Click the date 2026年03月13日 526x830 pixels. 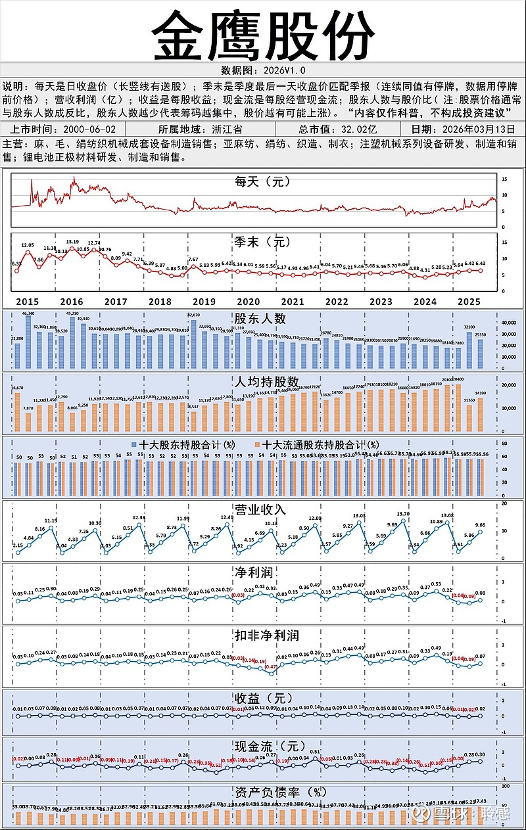click(472, 129)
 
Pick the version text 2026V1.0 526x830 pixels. click(283, 70)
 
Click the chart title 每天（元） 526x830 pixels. click(263, 181)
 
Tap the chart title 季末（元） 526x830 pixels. click(263, 242)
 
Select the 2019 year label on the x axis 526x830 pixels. click(204, 302)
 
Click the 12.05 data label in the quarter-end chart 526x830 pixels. click(28, 245)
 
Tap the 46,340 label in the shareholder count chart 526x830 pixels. click(28, 313)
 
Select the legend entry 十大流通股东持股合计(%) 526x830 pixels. click(318, 445)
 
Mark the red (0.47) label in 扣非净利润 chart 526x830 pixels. click(270, 667)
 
